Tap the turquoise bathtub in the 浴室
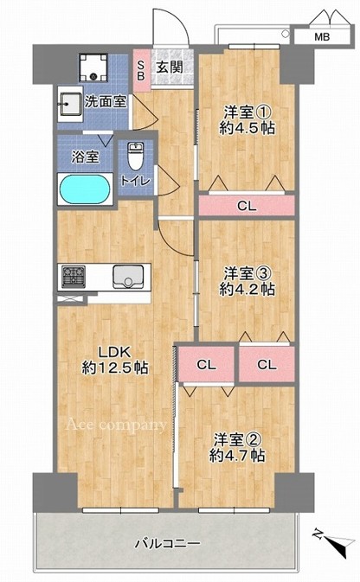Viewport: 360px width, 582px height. tap(85, 189)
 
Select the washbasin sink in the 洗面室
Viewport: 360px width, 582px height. tap(70, 105)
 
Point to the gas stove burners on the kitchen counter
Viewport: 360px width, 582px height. tap(74, 277)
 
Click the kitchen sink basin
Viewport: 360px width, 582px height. tap(128, 277)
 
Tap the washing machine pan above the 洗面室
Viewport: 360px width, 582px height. tap(93, 67)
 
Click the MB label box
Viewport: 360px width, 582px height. tap(322, 36)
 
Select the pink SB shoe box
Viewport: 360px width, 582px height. tap(142, 71)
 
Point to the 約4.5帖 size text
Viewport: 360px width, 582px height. tap(247, 128)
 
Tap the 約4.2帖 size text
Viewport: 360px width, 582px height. tap(247, 289)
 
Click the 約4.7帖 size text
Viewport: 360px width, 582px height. tap(237, 455)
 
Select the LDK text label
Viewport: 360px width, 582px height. tap(114, 351)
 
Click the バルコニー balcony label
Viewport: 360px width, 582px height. tap(167, 544)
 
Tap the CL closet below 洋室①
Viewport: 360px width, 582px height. tap(247, 205)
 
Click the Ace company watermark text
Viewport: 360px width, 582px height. tap(116, 425)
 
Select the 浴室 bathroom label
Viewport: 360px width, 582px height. tap(86, 157)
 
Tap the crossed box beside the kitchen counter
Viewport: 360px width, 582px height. tap(70, 298)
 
